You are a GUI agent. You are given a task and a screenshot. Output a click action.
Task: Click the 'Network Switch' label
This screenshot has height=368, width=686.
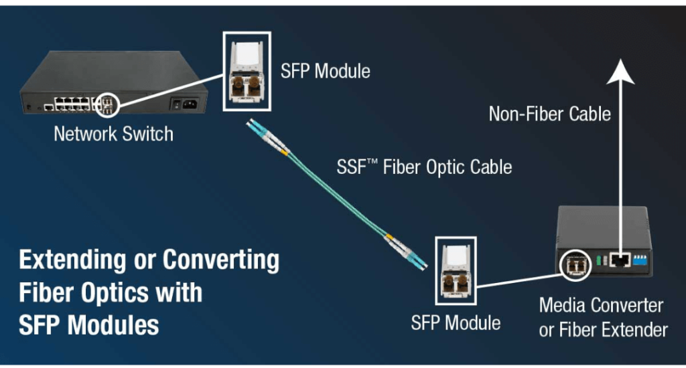coord(113,134)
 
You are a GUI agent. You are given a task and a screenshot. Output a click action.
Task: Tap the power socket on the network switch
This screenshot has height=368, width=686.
coord(190,104)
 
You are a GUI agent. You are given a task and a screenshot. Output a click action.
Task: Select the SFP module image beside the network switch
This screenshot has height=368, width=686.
coord(247,71)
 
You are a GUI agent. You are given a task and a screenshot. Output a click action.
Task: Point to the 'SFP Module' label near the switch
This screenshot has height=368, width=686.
coord(326,71)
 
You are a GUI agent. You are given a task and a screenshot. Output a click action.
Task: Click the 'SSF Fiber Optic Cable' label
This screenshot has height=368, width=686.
coord(424,167)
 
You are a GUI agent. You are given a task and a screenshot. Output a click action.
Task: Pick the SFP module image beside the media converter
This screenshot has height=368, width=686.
coord(456,271)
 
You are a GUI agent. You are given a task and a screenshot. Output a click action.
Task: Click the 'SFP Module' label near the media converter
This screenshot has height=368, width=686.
coord(456,323)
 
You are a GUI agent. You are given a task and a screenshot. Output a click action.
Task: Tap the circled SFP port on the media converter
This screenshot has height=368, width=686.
coord(575,265)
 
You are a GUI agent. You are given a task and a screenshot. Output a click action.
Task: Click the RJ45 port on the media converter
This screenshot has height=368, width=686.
coord(620,260)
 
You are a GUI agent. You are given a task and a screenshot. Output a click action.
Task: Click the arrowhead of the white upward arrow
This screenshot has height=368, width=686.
coord(620,71)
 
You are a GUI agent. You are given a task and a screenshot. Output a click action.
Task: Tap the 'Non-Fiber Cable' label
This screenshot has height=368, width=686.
coord(549,114)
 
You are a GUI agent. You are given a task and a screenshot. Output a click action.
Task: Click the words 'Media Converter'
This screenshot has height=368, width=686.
coord(601,306)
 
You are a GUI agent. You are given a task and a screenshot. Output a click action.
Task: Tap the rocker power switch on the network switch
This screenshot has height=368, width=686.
coord(176,104)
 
